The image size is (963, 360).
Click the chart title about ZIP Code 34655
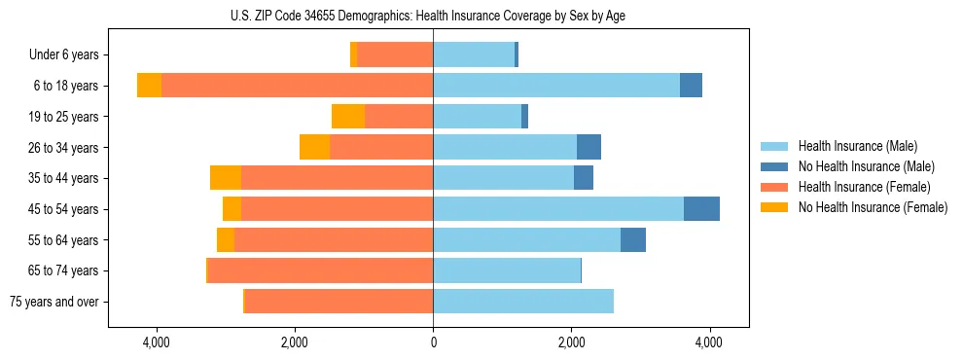433,16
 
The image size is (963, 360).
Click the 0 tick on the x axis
433,342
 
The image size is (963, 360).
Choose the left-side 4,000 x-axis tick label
157,342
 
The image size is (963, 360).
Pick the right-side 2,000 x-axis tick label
571,342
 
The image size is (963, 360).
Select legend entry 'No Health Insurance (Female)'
873,208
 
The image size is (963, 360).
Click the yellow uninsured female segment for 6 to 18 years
149,86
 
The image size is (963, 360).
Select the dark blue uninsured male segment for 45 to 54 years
701,209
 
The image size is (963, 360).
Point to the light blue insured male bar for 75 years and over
523,302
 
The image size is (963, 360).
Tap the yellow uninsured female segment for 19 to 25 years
348,117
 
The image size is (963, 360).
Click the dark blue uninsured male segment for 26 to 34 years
588,148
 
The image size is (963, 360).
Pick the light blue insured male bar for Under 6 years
474,55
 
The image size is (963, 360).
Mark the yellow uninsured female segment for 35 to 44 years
226,178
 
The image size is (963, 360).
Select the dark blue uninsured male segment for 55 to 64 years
633,240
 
